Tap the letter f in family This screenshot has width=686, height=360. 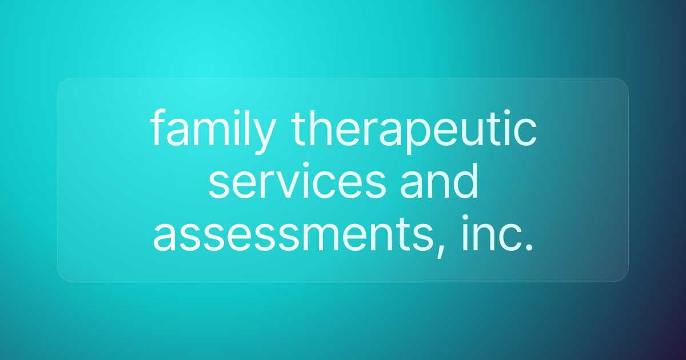coord(158,130)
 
